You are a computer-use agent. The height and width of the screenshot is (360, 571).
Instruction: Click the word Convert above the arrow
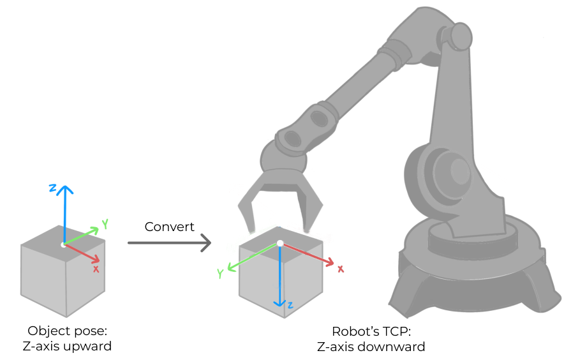169,227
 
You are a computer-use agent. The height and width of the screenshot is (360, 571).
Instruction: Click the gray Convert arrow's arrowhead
207,243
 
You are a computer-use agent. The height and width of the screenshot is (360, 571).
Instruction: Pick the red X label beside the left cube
96,269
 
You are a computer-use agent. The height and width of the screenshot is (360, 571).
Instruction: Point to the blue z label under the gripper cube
290,306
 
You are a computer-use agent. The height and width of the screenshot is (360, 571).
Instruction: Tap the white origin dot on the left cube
63,245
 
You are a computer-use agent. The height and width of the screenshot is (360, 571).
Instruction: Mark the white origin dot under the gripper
279,243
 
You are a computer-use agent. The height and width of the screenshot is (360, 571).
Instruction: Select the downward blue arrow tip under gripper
279,304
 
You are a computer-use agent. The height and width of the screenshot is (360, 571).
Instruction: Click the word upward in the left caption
90,347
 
